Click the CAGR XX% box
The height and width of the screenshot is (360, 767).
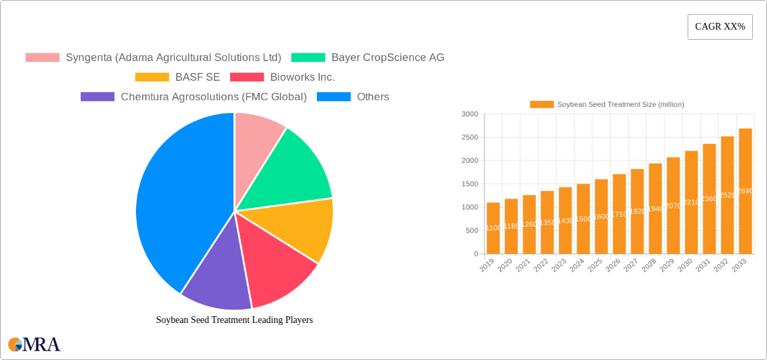[720, 27]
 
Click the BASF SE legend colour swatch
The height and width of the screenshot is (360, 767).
[151, 77]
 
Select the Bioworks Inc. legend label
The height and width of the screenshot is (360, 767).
[302, 77]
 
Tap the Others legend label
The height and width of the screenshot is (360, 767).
[373, 97]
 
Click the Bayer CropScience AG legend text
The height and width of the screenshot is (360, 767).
[388, 58]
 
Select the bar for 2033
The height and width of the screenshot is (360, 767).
[745, 191]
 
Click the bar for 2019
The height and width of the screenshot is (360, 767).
[493, 228]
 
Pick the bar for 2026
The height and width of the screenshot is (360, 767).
[619, 214]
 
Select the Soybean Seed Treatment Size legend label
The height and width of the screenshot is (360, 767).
[620, 104]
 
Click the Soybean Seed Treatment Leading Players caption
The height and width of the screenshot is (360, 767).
[234, 320]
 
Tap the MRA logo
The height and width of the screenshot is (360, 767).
[34, 345]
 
